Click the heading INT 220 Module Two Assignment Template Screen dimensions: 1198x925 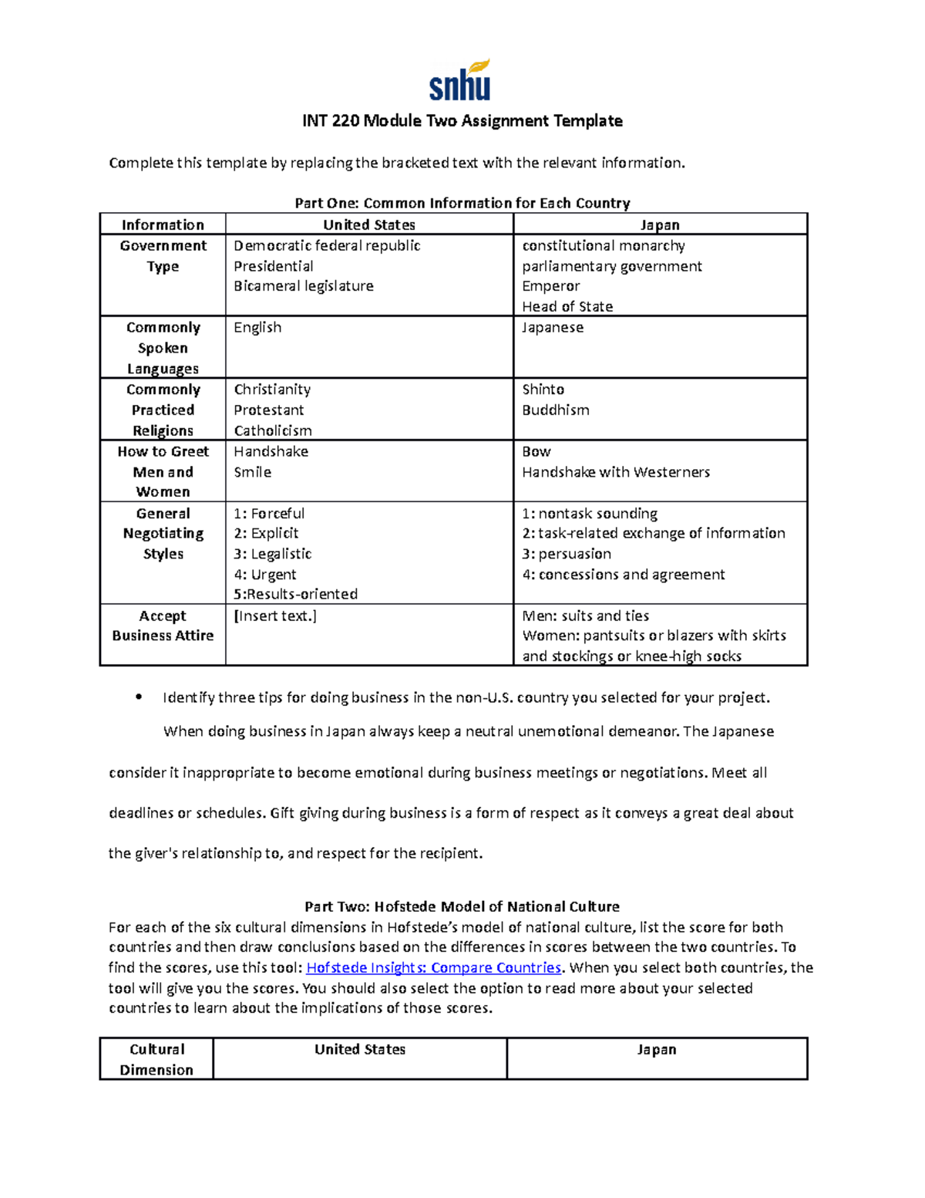pyautogui.click(x=462, y=121)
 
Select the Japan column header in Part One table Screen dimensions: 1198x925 pyautogui.click(x=660, y=224)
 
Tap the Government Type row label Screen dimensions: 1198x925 pyautogui.click(x=163, y=256)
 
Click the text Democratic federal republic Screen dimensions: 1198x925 pyautogui.click(x=327, y=245)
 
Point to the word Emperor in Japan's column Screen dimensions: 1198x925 pyautogui.click(x=550, y=286)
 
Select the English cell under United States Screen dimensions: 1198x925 pyautogui.click(x=257, y=327)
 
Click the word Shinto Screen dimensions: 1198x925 pyautogui.click(x=543, y=390)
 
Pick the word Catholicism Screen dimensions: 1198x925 pyautogui.click(x=273, y=430)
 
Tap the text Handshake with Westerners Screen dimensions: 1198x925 pyautogui.click(x=616, y=472)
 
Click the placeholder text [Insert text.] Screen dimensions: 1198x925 pyautogui.click(x=275, y=616)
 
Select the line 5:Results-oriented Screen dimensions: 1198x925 pyautogui.click(x=296, y=594)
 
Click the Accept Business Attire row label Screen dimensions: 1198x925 pyautogui.click(x=163, y=626)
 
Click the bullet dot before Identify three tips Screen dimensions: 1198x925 pyautogui.click(x=139, y=697)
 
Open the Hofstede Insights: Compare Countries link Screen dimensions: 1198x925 pyautogui.click(x=434, y=967)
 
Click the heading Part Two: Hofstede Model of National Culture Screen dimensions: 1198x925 pyautogui.click(x=462, y=906)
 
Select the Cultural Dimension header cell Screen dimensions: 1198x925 pyautogui.click(x=156, y=1059)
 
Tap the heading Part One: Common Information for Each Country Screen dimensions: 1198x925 pyautogui.click(x=462, y=203)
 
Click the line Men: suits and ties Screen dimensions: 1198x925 pyautogui.click(x=585, y=616)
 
